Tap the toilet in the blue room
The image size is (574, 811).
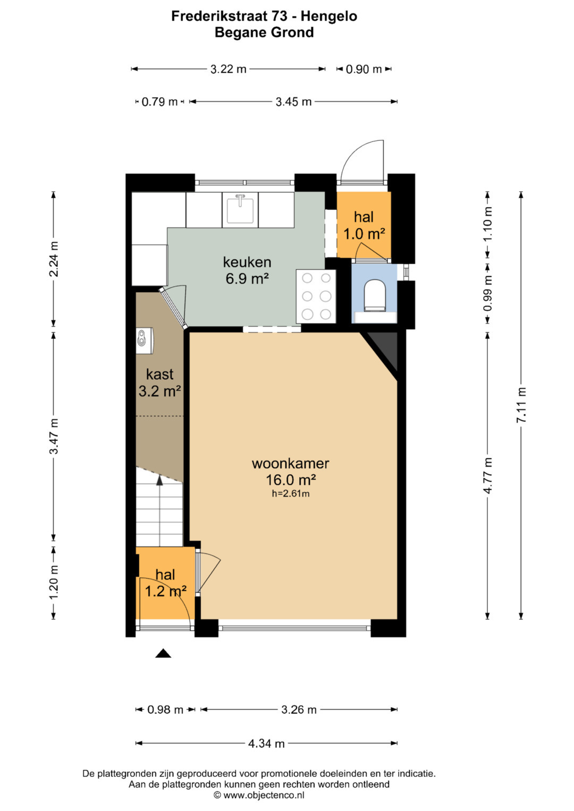374,295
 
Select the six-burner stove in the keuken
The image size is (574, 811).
316,296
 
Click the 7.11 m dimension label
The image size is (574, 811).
521,404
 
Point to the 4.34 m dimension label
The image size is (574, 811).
266,744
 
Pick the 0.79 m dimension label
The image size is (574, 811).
159,102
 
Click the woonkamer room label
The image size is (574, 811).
290,463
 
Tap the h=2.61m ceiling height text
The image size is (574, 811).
291,493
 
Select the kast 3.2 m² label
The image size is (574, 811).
159,382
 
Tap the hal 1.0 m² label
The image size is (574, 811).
364,226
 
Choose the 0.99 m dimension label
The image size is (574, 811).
488,293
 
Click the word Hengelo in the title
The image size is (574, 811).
329,16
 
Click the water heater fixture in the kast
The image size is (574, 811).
145,340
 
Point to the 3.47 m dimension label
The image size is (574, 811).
54,436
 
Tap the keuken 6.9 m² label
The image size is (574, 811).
247,270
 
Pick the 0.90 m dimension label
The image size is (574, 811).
364,69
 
